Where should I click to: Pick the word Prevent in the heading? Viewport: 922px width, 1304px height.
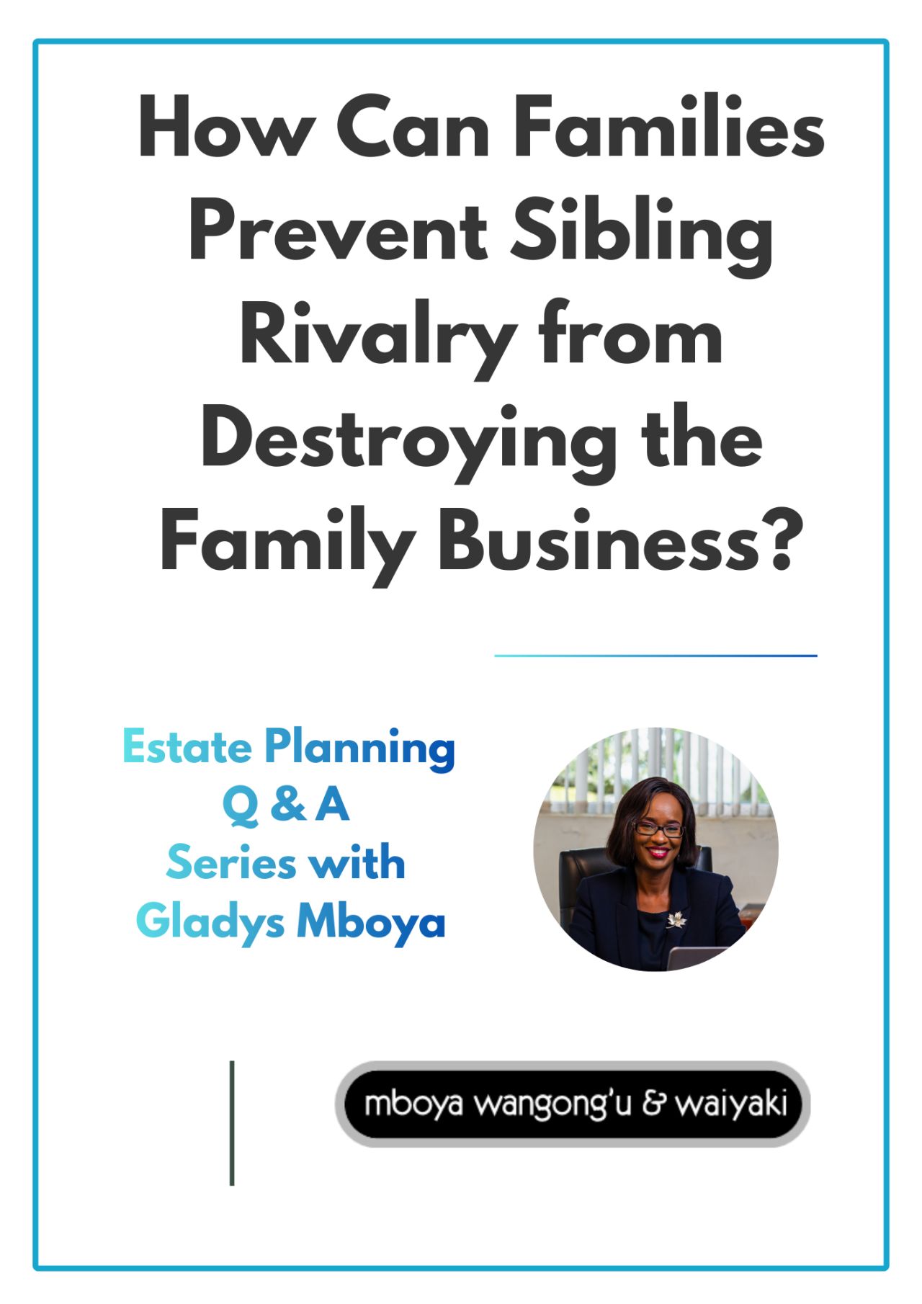[x=339, y=232]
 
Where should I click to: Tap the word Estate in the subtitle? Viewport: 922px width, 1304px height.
[x=187, y=747]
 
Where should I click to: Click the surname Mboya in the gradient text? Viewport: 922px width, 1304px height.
[x=371, y=923]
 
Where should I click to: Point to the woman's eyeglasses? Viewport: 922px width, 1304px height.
[x=657, y=829]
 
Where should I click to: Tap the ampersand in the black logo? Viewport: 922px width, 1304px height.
[x=653, y=1104]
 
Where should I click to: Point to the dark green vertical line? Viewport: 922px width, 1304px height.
[x=232, y=1122]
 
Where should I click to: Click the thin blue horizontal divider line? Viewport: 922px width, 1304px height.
[x=655, y=656]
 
